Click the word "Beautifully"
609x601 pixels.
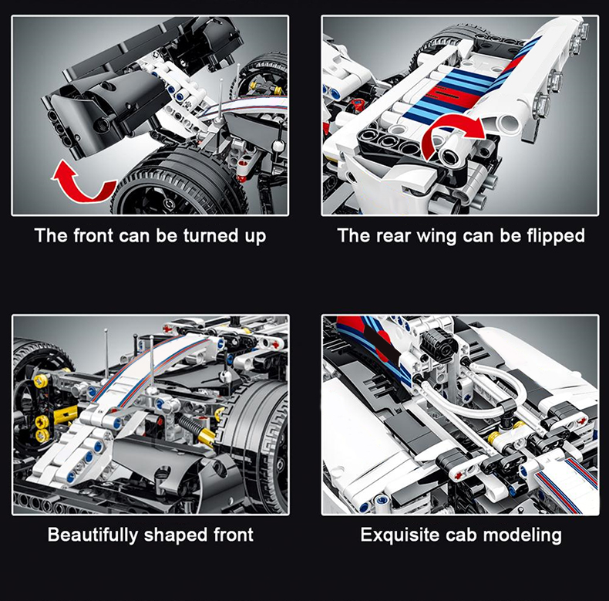click(x=93, y=535)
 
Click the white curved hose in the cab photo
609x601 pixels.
click(x=474, y=393)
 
